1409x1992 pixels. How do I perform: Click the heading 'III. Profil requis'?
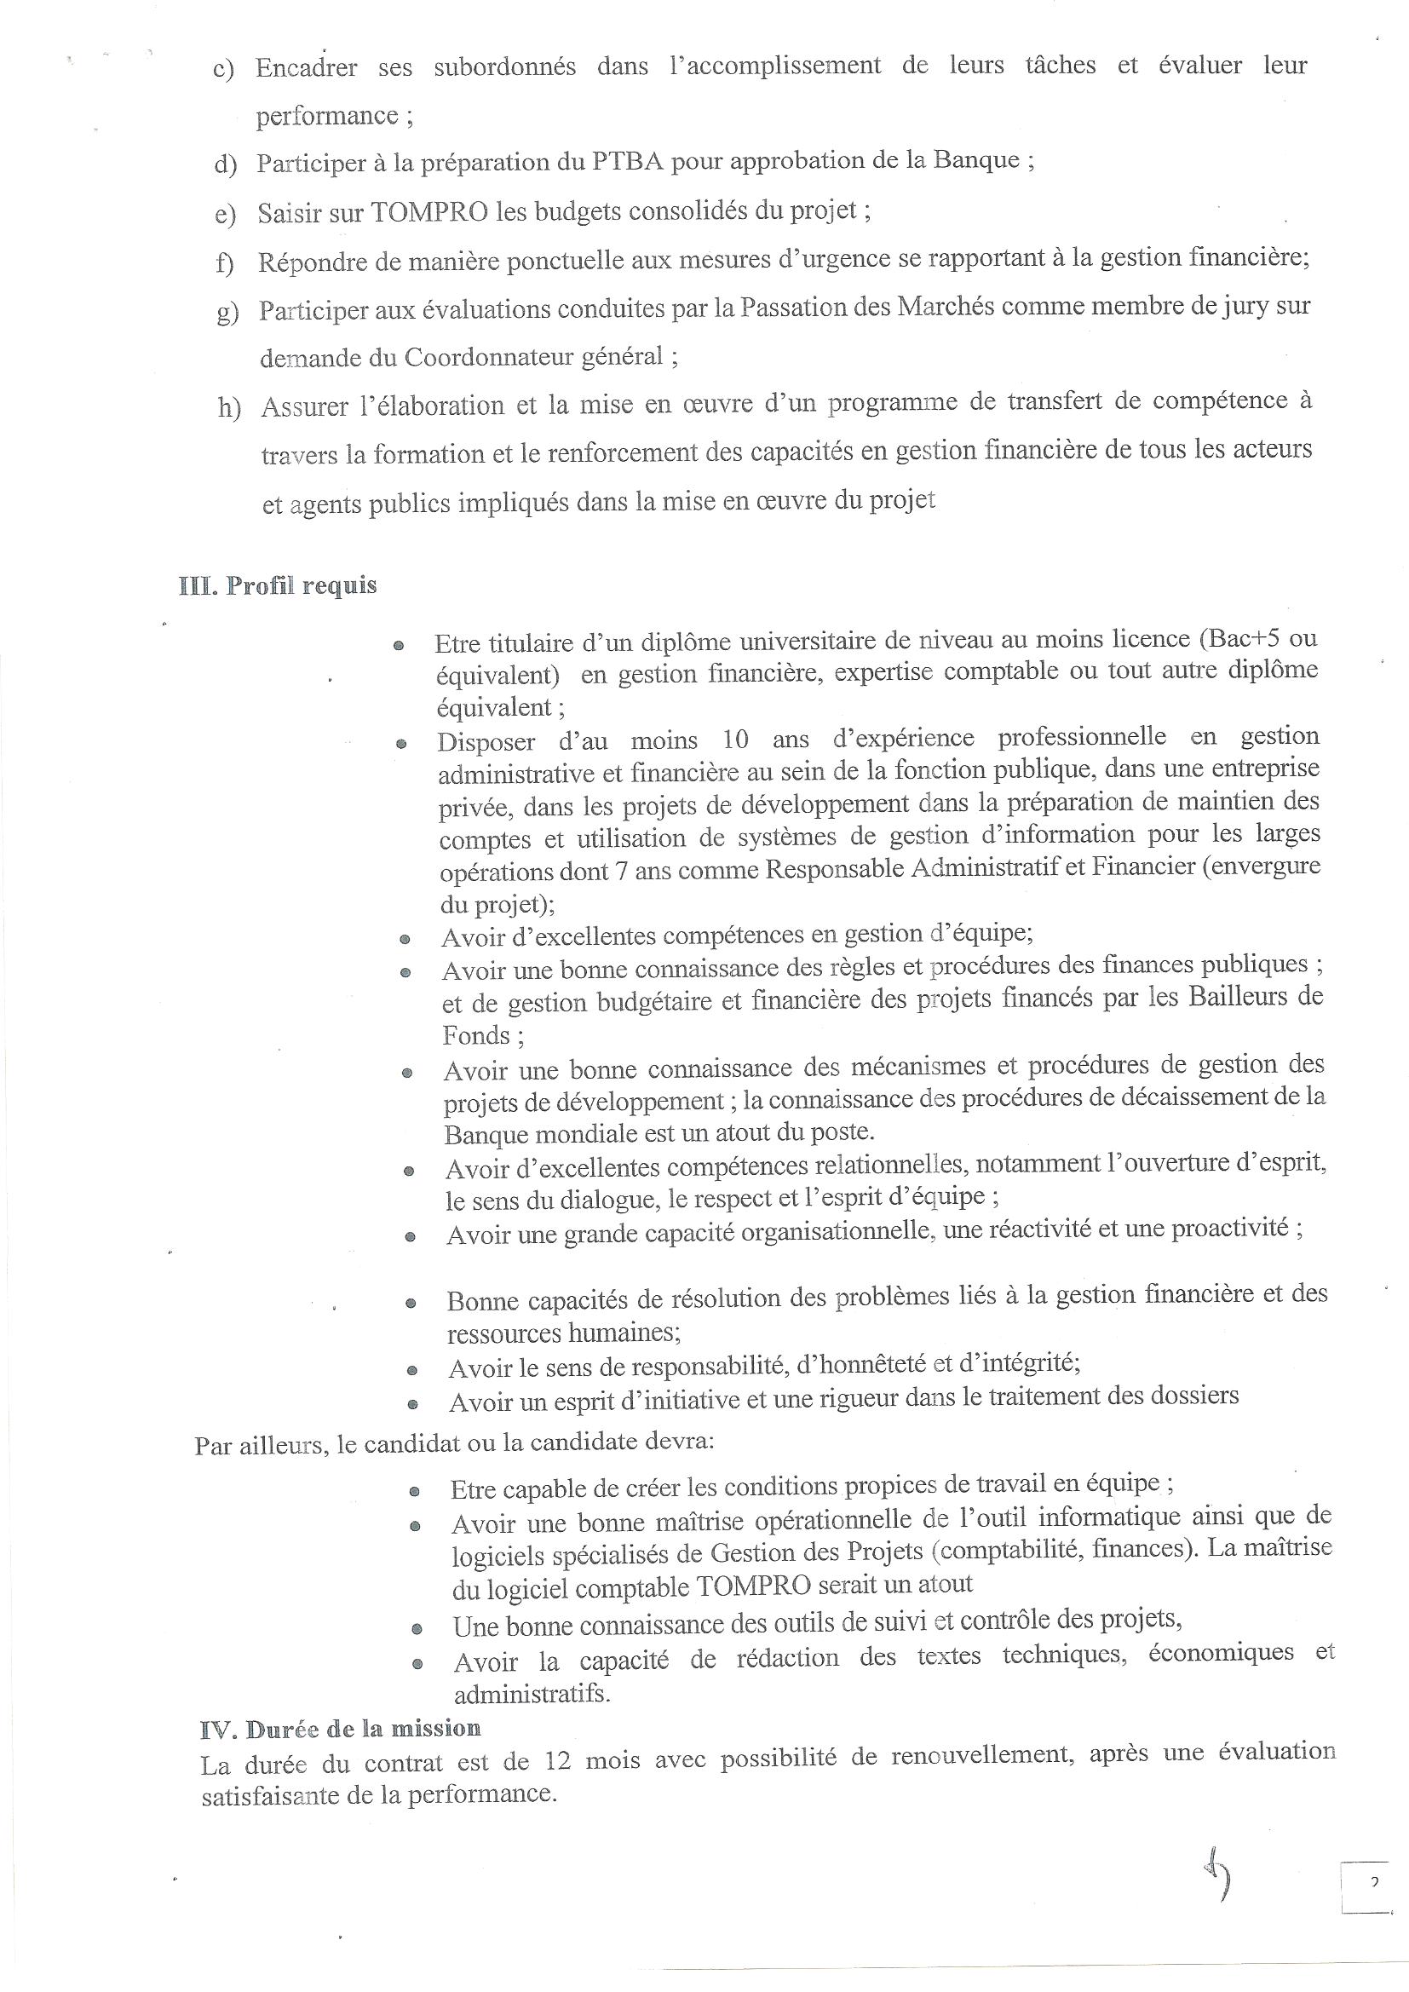click(278, 585)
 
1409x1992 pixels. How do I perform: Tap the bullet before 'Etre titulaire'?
click(398, 647)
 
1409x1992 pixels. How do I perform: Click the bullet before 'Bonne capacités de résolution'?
click(411, 1303)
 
